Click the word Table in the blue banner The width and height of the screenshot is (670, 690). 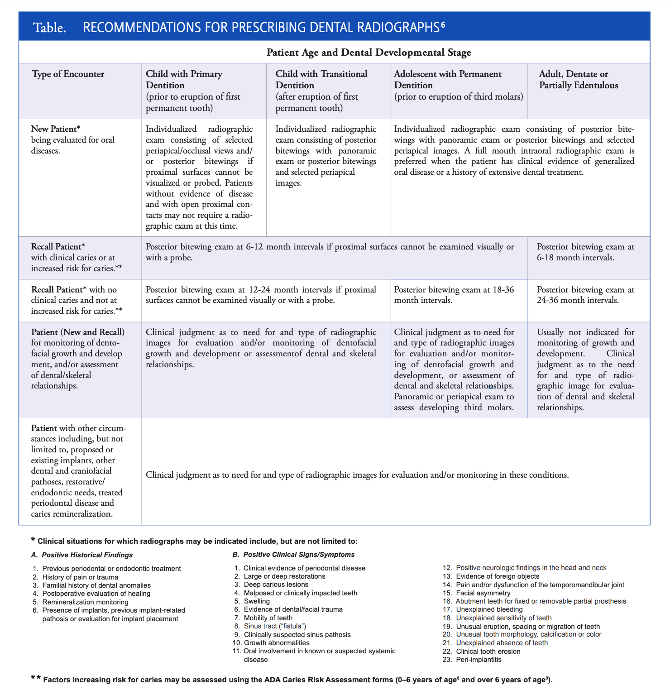[x=50, y=28]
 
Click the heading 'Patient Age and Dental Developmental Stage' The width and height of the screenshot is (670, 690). [x=368, y=53]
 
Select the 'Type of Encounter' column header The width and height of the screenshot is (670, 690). [x=68, y=74]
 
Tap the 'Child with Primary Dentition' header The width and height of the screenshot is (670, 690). [x=184, y=79]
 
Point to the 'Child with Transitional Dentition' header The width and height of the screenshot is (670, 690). [x=321, y=79]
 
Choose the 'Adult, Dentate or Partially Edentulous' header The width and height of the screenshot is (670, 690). [x=578, y=79]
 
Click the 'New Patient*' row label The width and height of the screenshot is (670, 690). [x=56, y=129]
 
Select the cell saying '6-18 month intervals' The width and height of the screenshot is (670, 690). [x=585, y=252]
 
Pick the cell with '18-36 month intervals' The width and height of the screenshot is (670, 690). [x=454, y=295]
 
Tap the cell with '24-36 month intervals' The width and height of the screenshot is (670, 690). [x=585, y=295]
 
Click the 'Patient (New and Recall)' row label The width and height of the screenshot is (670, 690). [x=77, y=332]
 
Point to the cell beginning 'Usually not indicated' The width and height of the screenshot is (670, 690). [x=585, y=369]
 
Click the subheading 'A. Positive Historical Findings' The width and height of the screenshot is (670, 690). [x=82, y=555]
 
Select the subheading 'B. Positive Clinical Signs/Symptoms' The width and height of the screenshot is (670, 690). [x=293, y=555]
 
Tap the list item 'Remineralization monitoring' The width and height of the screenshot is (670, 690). [x=85, y=602]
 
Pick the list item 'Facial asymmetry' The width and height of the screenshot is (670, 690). [x=483, y=593]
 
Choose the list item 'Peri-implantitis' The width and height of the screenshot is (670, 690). [x=479, y=660]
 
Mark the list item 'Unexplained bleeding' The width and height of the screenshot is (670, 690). [x=489, y=609]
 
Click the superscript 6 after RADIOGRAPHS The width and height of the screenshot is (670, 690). [x=443, y=24]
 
